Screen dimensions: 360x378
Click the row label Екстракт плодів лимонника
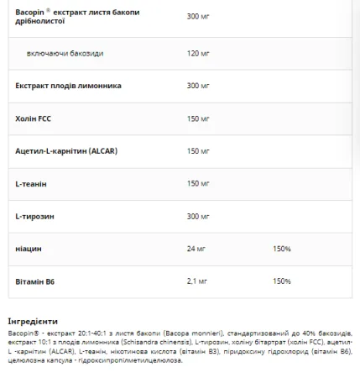pyautogui.click(x=69, y=86)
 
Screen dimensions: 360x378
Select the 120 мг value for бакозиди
pyautogui.click(x=199, y=53)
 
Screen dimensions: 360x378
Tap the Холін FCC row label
pyautogui.click(x=34, y=118)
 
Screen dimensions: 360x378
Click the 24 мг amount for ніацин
pyautogui.click(x=197, y=249)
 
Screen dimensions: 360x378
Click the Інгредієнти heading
pyautogui.click(x=33, y=321)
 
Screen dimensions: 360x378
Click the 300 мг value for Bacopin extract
pyautogui.click(x=199, y=15)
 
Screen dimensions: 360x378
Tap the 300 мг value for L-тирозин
pyautogui.click(x=199, y=216)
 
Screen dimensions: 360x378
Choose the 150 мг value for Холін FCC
pyautogui.click(x=199, y=118)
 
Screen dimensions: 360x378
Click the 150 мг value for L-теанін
pyautogui.click(x=199, y=183)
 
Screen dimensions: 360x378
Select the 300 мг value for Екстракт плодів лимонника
pyautogui.click(x=199, y=86)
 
